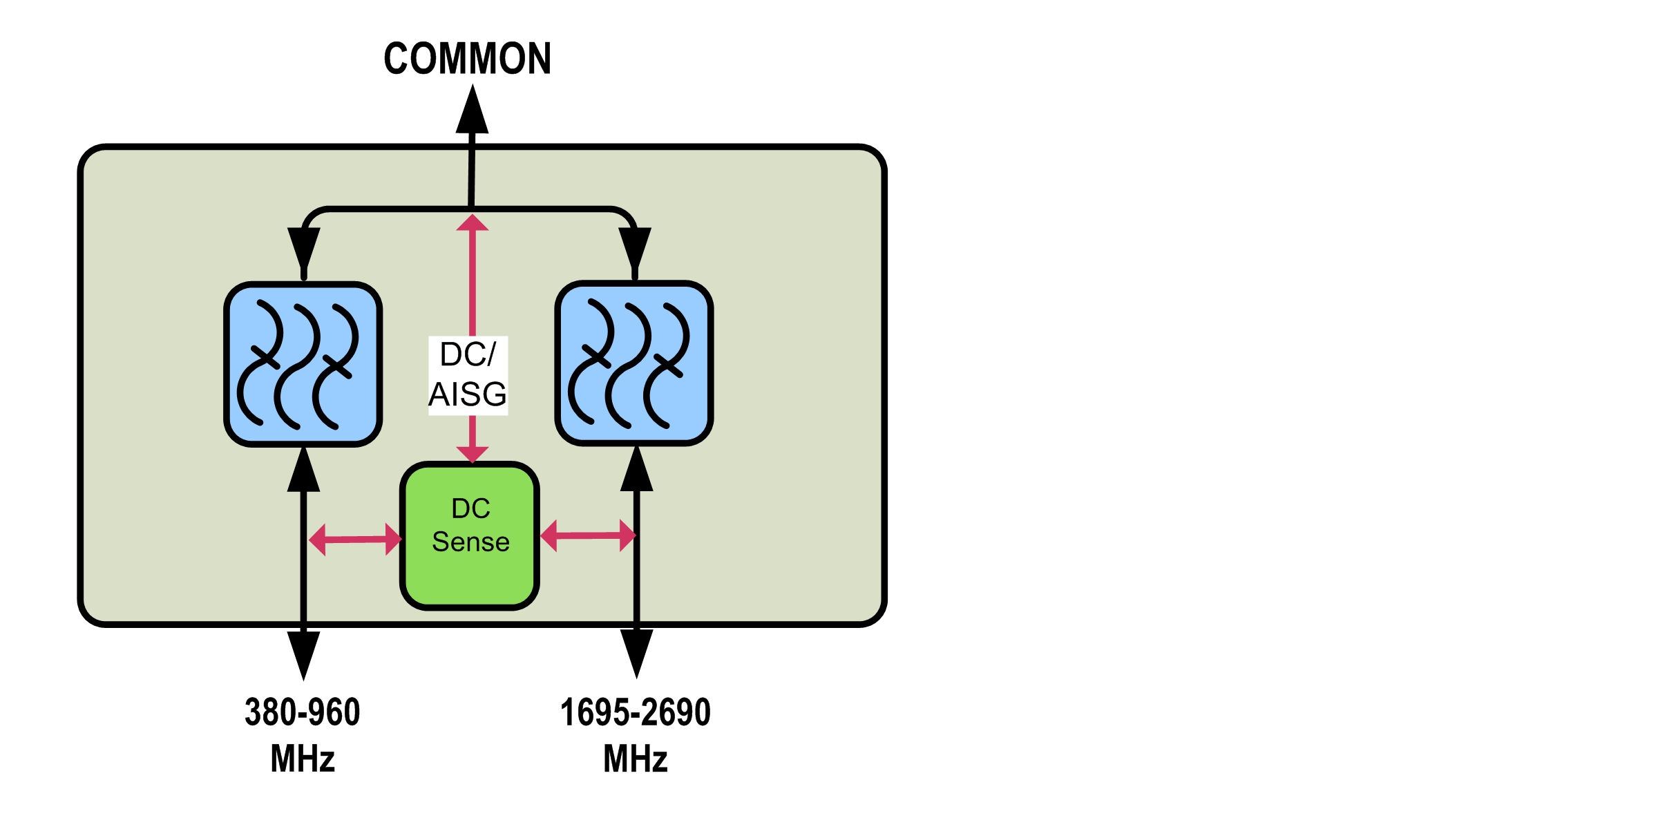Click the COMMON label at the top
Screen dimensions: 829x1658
tap(468, 58)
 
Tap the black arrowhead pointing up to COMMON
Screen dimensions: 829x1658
tap(472, 111)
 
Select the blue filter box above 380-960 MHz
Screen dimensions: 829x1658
tap(303, 364)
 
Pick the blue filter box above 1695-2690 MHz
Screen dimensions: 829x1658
tap(634, 363)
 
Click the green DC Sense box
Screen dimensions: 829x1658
tap(470, 536)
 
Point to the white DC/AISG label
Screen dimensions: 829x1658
tap(468, 375)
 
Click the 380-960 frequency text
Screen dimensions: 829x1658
tap(303, 712)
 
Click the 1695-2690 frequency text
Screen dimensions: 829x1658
tap(636, 712)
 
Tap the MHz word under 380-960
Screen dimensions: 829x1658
tap(303, 759)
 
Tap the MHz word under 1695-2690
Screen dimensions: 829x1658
tap(636, 759)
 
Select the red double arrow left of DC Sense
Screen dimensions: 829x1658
tap(355, 540)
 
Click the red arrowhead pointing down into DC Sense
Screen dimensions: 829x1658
tap(473, 454)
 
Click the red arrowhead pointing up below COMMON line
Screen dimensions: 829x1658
tap(473, 222)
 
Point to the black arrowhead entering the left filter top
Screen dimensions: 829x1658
tap(304, 249)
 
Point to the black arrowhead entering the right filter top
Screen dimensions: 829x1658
tap(635, 249)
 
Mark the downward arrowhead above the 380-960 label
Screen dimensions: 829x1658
tap(303, 654)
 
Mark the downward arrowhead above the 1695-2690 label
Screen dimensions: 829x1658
tap(636, 653)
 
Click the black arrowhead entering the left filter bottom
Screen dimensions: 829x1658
tap(303, 470)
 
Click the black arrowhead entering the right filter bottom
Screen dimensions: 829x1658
tap(636, 470)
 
